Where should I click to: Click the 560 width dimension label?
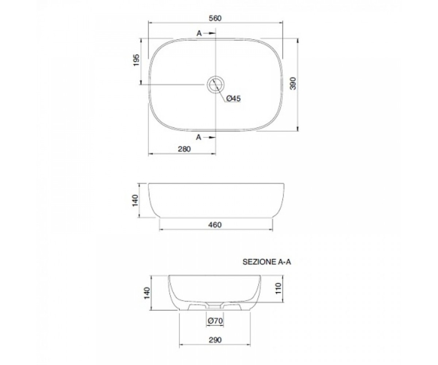[x=215, y=18]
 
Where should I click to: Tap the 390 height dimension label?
[x=293, y=83]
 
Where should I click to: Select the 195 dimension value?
[x=137, y=60]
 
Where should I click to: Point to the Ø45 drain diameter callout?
[x=234, y=99]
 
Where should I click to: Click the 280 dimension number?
[x=184, y=149]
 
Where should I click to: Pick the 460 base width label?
[x=215, y=225]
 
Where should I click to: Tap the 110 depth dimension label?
[x=278, y=288]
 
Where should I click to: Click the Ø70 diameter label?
[x=215, y=320]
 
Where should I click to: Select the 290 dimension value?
[x=215, y=340]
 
